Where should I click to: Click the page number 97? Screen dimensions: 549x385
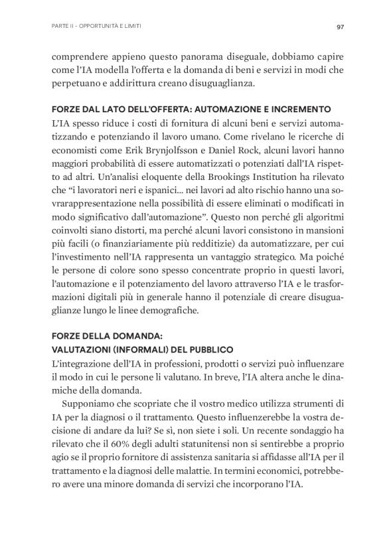click(x=339, y=27)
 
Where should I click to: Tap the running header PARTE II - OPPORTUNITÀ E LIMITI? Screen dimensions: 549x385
click(x=96, y=27)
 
